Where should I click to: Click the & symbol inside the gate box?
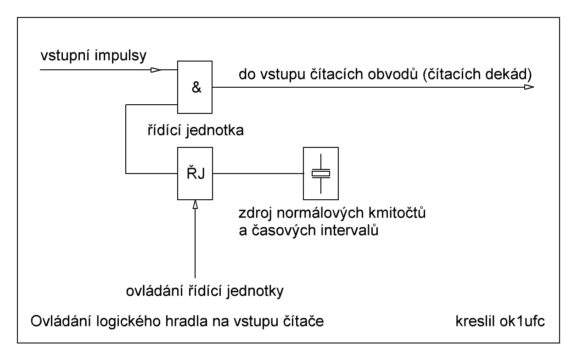195,88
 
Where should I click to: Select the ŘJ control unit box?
195,174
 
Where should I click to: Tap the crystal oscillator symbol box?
320,174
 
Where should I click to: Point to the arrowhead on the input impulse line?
157,70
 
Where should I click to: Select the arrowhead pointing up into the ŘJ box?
195,205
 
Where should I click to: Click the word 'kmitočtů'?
400,214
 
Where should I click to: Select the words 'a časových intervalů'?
308,231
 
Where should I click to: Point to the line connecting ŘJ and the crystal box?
257,174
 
